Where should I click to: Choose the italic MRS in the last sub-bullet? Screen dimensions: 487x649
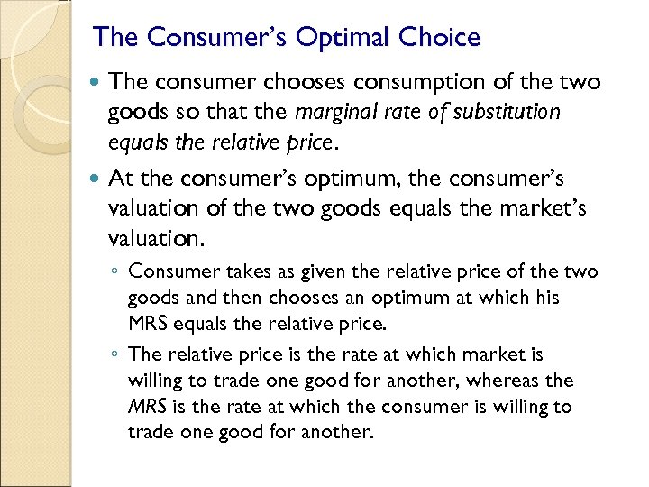(x=144, y=406)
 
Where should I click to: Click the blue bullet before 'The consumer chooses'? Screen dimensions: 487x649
(x=97, y=83)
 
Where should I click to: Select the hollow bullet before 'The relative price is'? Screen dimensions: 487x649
(x=116, y=355)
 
